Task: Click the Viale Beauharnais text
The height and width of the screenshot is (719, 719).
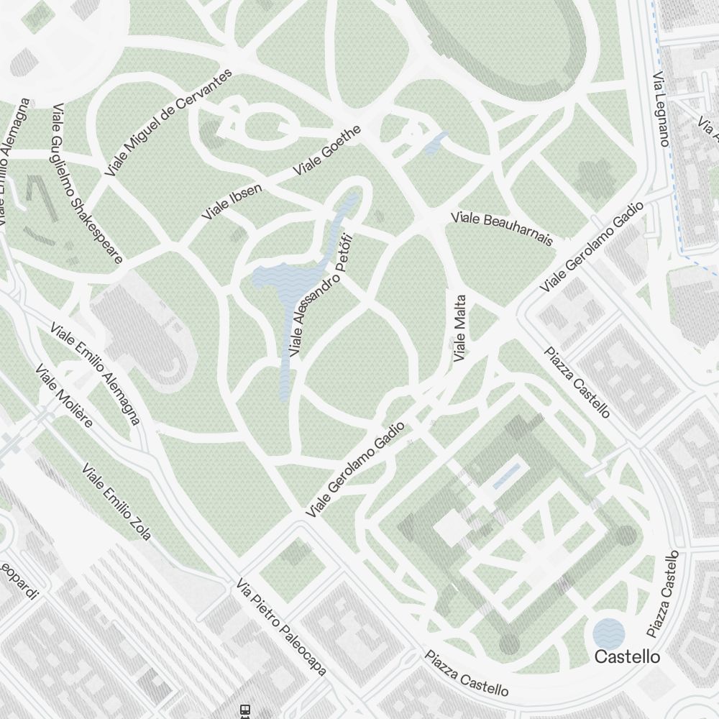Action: click(x=502, y=228)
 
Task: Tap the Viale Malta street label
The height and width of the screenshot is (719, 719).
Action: click(x=461, y=328)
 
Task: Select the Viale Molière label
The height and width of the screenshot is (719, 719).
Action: click(x=64, y=395)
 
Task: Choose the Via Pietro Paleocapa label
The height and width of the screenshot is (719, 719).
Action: click(x=281, y=626)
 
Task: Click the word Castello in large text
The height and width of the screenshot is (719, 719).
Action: click(x=627, y=656)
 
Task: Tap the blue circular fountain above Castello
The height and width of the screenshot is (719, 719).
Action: click(x=609, y=633)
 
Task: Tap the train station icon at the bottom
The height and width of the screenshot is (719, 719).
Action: click(x=245, y=710)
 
